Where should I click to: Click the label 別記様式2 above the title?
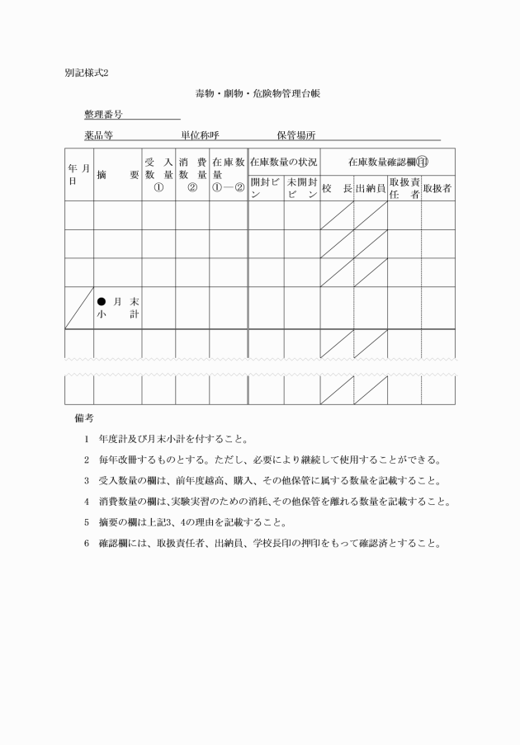[x=86, y=72]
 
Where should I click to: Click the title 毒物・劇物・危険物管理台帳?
[x=258, y=94]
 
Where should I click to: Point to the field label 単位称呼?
[x=200, y=134]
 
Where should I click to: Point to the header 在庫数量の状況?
[x=283, y=163]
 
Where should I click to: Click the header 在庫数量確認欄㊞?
[x=387, y=163]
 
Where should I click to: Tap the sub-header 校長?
[x=337, y=188]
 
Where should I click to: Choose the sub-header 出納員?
[x=371, y=188]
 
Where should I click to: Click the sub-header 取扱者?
[x=437, y=188]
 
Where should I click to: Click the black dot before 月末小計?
[x=102, y=301]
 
